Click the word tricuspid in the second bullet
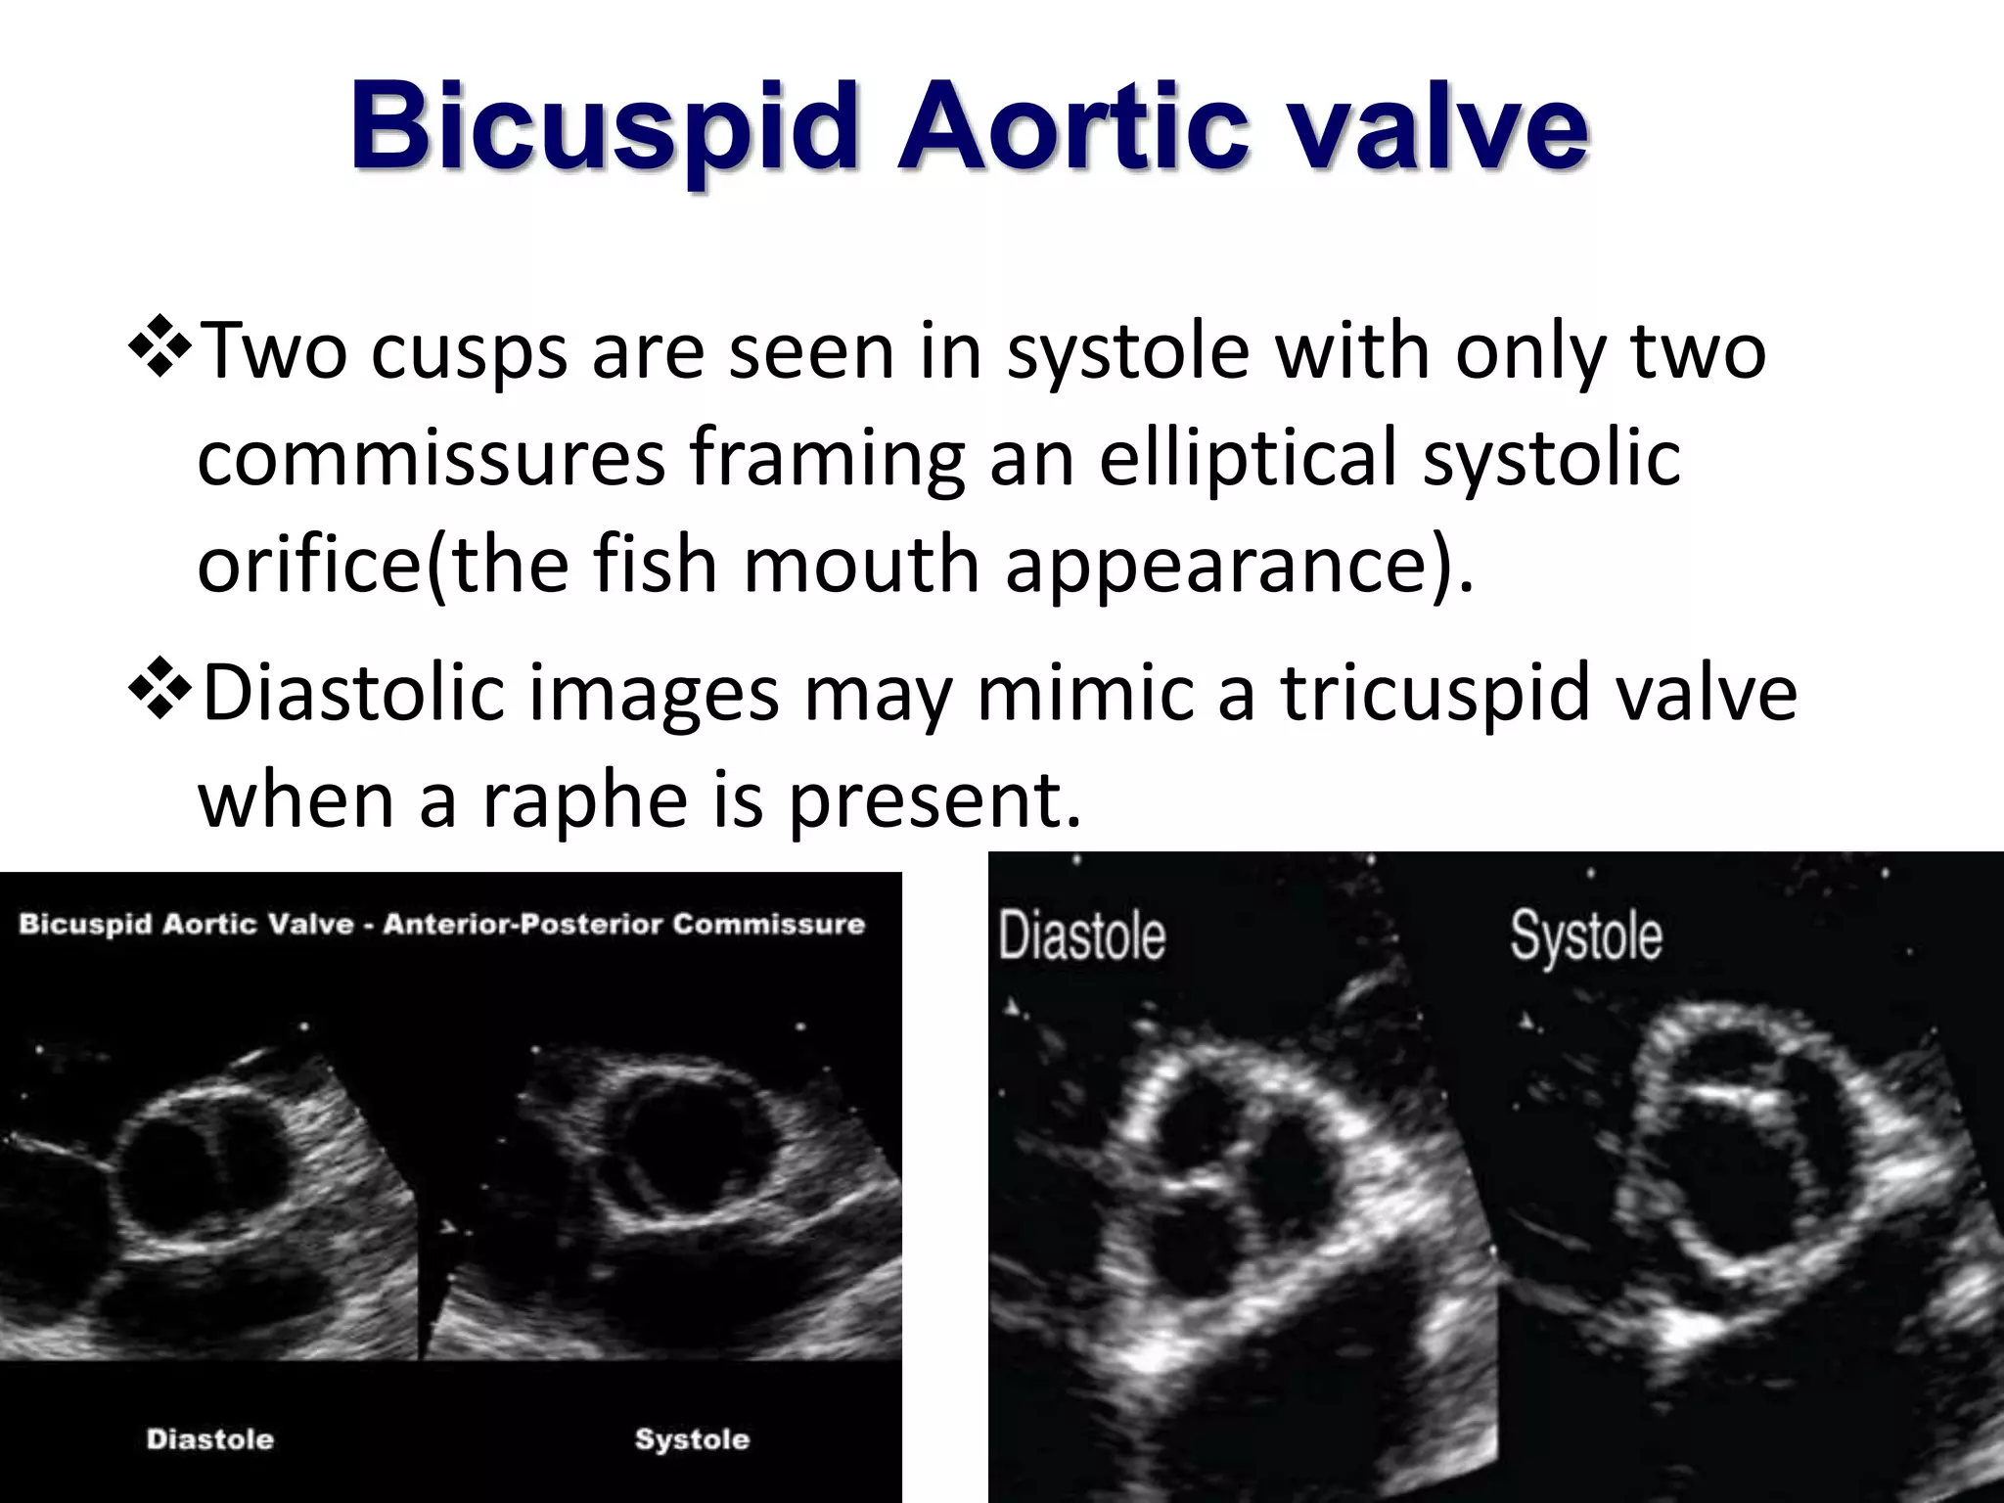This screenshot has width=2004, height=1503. coord(1435,692)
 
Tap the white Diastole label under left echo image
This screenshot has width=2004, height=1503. coord(209,1438)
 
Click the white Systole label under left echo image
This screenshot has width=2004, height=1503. coord(692,1438)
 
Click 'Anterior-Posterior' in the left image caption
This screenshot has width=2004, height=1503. coord(522,924)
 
